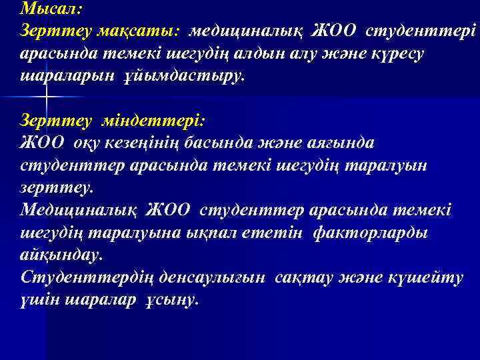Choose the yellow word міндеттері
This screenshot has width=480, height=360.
[154, 121]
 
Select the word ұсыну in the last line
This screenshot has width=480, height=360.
[174, 301]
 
